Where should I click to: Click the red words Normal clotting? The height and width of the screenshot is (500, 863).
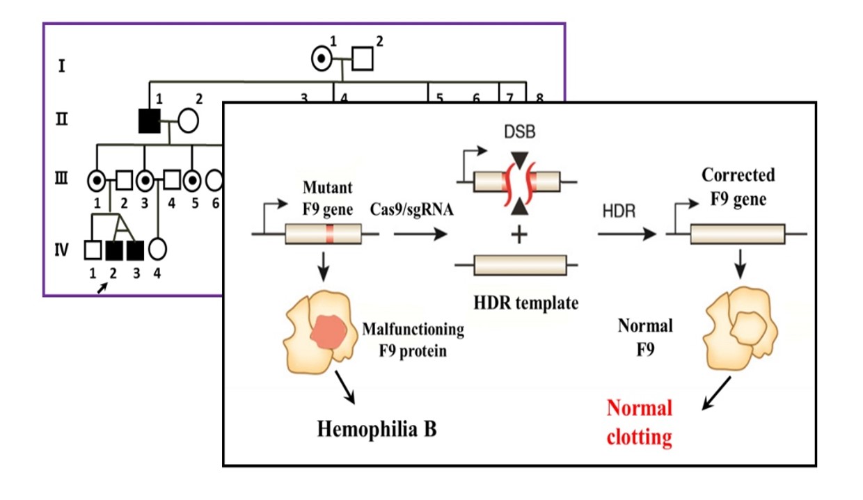pos(640,422)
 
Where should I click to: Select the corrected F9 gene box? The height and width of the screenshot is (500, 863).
pos(737,234)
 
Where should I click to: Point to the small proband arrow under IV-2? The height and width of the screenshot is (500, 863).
pos(102,287)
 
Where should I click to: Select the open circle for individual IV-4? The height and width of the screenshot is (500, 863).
pos(157,248)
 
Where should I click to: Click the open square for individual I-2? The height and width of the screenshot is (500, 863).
pos(361,60)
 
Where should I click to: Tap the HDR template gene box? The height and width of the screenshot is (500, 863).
pos(518,265)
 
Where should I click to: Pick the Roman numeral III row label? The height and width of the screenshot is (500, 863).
pos(62,179)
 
